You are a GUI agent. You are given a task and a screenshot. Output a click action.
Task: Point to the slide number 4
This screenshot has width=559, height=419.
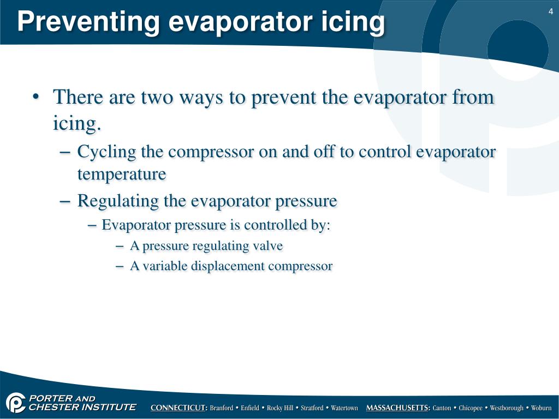tap(551, 12)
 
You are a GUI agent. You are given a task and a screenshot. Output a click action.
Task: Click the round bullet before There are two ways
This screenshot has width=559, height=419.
tap(35, 97)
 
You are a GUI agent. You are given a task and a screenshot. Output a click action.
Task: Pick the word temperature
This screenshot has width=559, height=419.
tap(122, 174)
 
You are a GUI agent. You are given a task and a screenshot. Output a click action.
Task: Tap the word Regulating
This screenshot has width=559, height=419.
tap(118, 201)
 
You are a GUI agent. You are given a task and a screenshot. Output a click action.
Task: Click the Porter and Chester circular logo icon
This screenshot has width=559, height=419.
tap(15, 403)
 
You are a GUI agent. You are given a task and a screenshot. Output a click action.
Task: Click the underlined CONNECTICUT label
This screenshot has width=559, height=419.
tap(179, 408)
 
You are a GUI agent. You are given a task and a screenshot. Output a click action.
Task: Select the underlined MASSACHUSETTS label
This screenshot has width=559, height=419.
tap(398, 408)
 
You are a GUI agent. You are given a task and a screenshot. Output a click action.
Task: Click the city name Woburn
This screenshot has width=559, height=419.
tap(541, 408)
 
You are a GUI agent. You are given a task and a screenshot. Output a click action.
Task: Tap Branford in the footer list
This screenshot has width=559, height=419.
tap(222, 408)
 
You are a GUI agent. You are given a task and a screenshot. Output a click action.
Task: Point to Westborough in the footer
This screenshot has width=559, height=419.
tap(507, 408)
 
